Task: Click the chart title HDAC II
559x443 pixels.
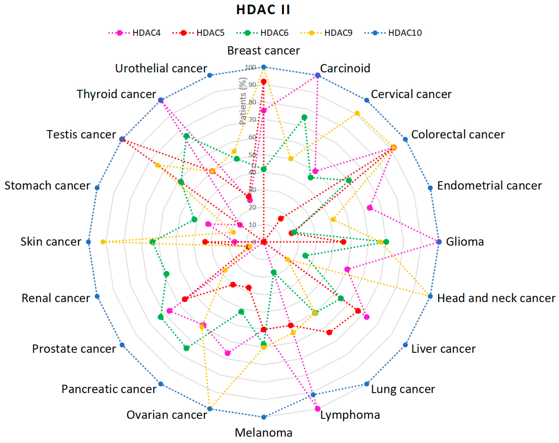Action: [x=263, y=10]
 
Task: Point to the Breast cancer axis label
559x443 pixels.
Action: [x=263, y=51]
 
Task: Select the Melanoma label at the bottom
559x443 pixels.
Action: [x=263, y=432]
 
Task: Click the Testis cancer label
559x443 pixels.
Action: [x=81, y=134]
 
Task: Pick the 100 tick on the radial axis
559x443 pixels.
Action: [x=251, y=67]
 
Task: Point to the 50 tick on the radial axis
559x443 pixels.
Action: [x=252, y=155]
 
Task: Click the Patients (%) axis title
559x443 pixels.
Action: [x=243, y=101]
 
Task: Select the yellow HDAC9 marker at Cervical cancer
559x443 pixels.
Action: [x=357, y=113]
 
